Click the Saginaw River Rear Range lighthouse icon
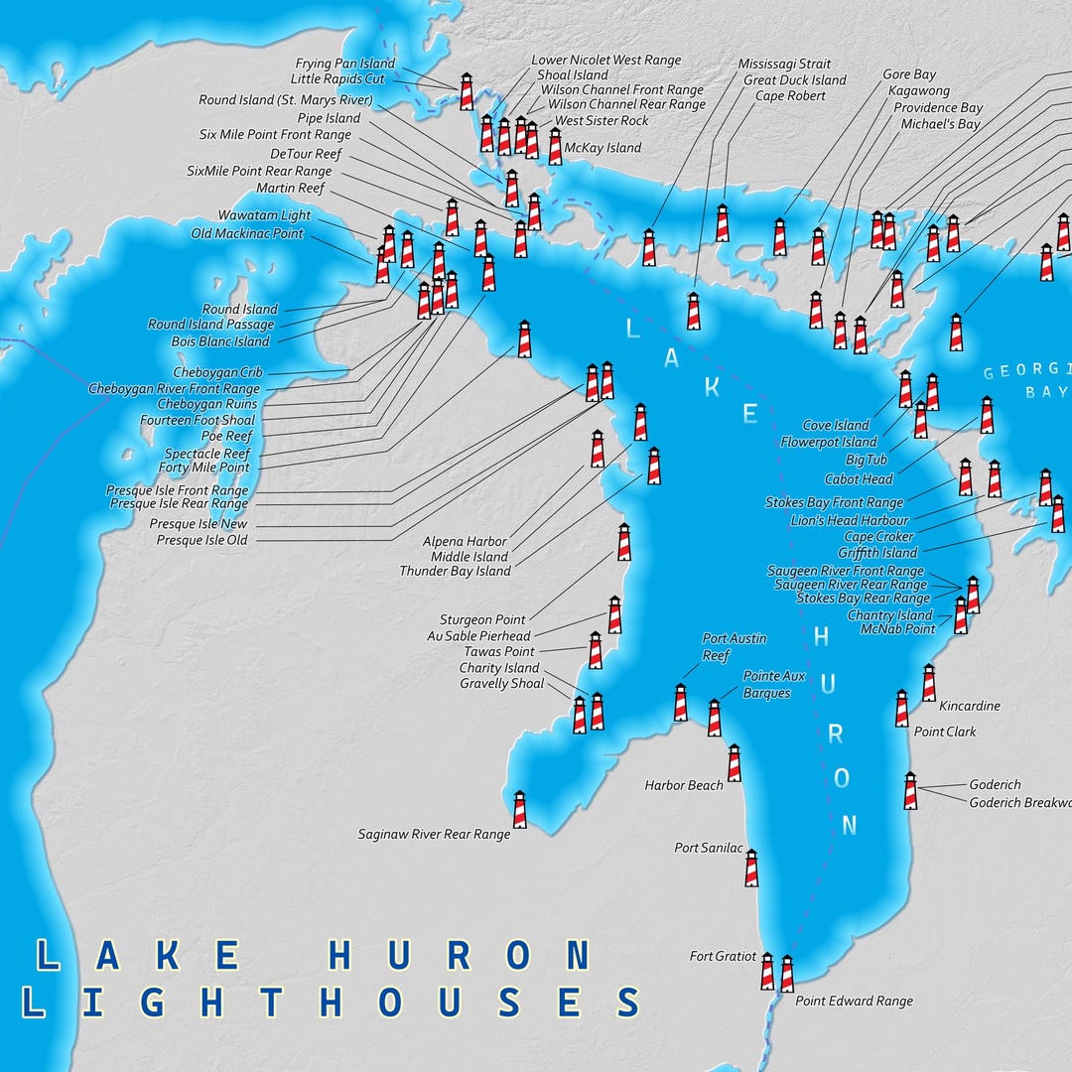519,809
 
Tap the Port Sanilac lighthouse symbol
751,869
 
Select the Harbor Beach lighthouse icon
735,763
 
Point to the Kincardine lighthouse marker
929,683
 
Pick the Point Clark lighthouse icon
901,709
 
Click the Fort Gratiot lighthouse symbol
767,971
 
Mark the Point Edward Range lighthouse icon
787,974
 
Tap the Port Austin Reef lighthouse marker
681,703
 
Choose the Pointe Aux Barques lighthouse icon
715,718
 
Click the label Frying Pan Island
344,64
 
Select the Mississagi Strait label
784,65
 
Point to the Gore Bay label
909,74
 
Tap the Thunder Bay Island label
455,572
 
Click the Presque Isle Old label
201,540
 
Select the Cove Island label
836,426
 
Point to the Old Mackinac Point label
247,234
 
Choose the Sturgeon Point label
482,620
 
